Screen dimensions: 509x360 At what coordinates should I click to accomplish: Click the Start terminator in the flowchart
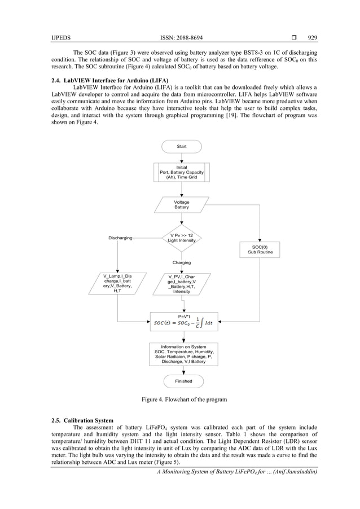(x=181, y=146)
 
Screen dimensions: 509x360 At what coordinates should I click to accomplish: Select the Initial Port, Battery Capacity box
(x=181, y=172)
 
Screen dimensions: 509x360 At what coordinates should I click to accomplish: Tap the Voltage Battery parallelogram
(x=181, y=205)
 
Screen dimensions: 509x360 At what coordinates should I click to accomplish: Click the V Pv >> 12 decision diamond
(x=182, y=238)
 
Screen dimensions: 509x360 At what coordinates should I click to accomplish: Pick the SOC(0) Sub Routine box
(x=260, y=249)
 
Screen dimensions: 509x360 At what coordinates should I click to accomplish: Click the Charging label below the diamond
(x=181, y=262)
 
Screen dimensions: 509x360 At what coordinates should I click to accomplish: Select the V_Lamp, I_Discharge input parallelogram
(x=117, y=283)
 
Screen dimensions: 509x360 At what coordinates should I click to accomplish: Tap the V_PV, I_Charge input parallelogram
(x=182, y=284)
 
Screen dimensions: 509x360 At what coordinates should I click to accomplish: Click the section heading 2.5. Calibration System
(x=82, y=420)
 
